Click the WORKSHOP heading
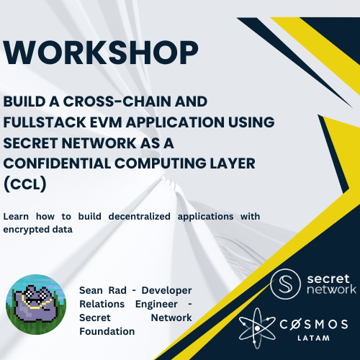pos(101,53)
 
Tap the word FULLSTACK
pos(45,122)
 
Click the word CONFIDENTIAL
pos(58,163)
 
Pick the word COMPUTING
pos(161,163)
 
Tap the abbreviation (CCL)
pos(25,184)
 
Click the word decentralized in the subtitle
pos(140,217)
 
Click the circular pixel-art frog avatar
pos(36,305)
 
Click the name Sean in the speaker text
pos(91,291)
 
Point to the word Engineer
pos(156,305)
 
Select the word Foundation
pos(107,332)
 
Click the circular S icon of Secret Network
pos(285,284)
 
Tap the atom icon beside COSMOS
pos(257,328)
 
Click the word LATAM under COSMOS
pos(313,338)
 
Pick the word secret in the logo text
pos(328,279)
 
